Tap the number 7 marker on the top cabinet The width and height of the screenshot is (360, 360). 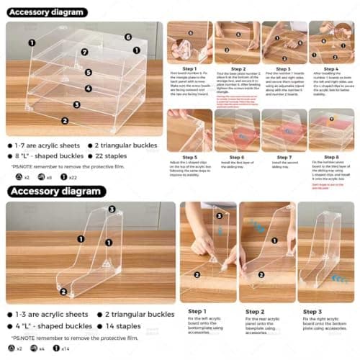tap(84, 52)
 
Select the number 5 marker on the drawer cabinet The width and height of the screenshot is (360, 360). tap(89, 72)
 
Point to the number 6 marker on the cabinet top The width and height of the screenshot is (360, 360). tap(128, 37)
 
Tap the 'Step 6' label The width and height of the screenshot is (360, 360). tap(235, 156)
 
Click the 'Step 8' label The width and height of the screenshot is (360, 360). tap(330, 156)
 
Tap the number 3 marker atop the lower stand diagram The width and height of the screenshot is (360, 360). tap(112, 210)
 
